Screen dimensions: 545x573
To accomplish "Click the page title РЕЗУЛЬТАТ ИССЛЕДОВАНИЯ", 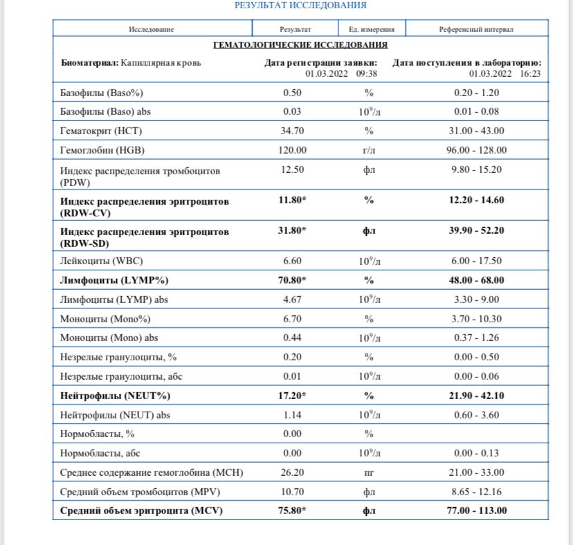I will (300, 6).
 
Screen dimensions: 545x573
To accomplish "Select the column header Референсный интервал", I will (476, 29).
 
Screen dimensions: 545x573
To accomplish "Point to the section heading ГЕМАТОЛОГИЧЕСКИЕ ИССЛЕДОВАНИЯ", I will (300, 45).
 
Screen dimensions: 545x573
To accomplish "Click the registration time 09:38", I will (367, 73).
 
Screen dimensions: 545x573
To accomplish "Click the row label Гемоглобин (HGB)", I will (103, 150).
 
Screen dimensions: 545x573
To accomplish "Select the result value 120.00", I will (295, 150).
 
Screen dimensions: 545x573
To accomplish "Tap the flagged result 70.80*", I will (292, 280).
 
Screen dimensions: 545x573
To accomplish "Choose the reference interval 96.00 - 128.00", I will (476, 150).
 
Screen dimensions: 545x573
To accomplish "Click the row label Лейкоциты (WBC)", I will (102, 261).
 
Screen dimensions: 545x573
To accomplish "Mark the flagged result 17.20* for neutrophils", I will (292, 396).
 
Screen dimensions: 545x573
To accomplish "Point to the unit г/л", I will (369, 150).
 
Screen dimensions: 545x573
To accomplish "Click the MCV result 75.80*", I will (292, 511).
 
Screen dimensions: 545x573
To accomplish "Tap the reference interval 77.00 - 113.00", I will (476, 511).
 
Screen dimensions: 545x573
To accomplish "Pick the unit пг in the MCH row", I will (369, 472).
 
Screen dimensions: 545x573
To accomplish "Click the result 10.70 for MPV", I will (295, 492).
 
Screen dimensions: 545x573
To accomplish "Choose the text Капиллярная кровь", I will (161, 63).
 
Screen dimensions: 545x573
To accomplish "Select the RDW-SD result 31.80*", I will (292, 230).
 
